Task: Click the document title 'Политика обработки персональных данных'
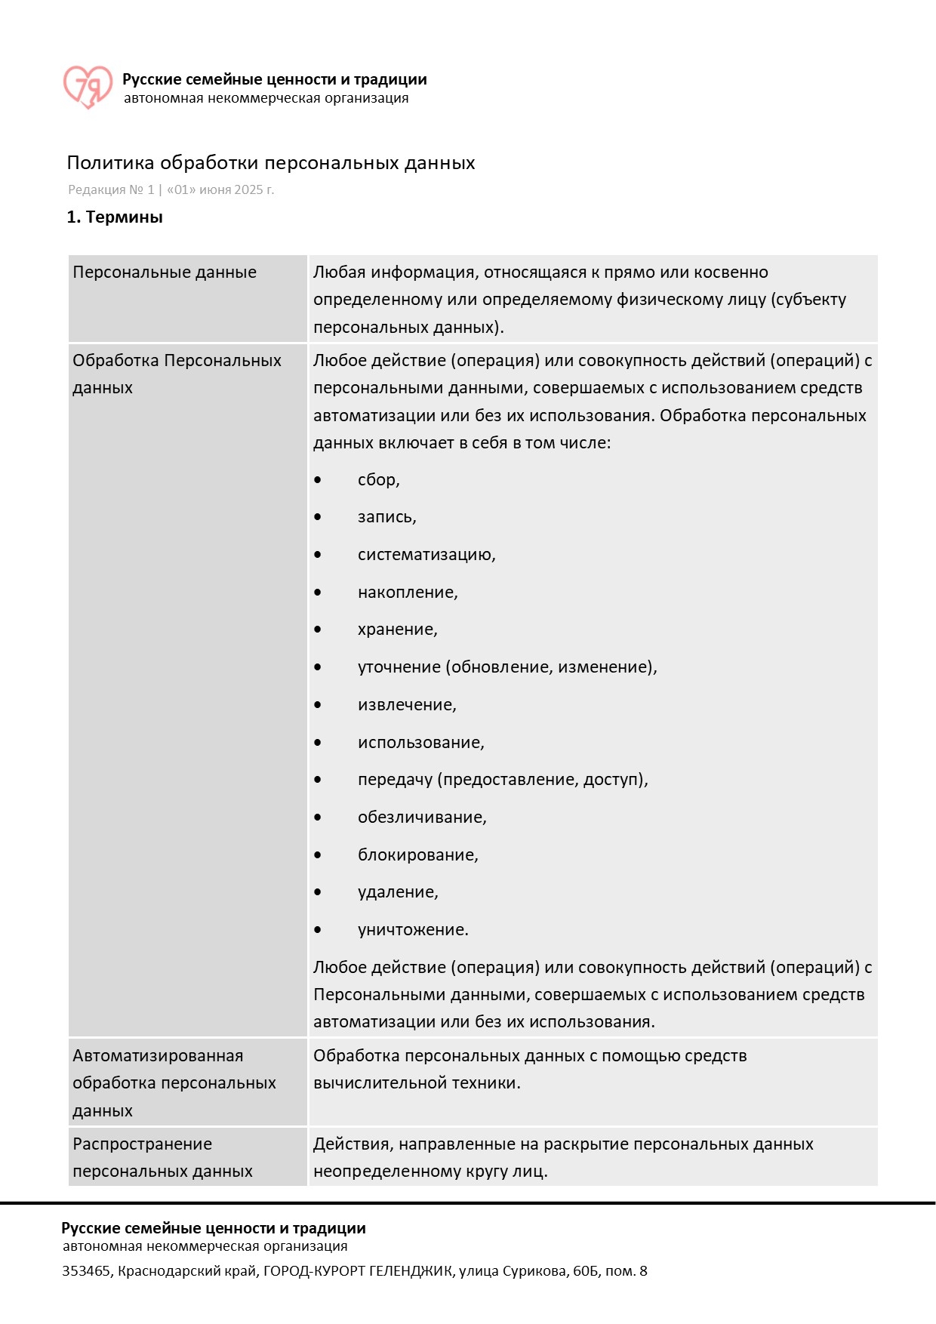[271, 163]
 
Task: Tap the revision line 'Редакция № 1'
[111, 190]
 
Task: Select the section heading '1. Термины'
[115, 217]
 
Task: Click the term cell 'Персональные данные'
[165, 272]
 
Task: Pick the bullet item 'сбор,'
[378, 480]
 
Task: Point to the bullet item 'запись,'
[386, 517]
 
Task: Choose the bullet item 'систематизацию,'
[426, 555]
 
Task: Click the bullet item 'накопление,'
[408, 593]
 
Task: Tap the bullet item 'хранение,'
[397, 630]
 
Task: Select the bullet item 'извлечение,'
[407, 705]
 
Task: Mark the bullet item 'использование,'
[420, 743]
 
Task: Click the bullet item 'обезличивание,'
[422, 817]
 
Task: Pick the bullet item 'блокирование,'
[417, 855]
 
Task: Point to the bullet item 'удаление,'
[398, 892]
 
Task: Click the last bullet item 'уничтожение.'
[413, 930]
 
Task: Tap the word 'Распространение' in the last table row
[142, 1144]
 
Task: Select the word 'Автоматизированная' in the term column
[158, 1056]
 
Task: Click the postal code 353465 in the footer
[86, 1271]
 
